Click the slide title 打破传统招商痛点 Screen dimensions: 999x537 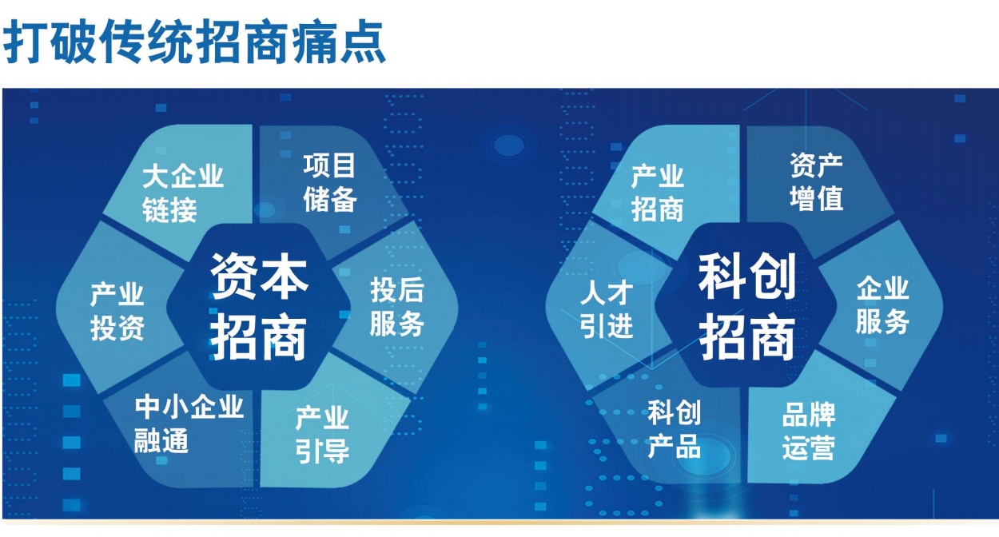pyautogui.click(x=194, y=42)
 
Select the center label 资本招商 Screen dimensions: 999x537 pyautogui.click(x=259, y=306)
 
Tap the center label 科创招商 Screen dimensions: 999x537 pyautogui.click(x=747, y=306)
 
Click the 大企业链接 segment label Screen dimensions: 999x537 pyautogui.click(x=183, y=193)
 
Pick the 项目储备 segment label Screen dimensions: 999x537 pyautogui.click(x=329, y=182)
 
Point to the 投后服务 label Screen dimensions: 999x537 pyautogui.click(x=397, y=306)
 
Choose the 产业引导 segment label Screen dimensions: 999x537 pyautogui.click(x=322, y=435)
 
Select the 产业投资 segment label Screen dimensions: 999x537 pyautogui.click(x=117, y=312)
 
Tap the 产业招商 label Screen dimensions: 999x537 pyautogui.click(x=658, y=193)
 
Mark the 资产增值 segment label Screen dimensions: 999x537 pyautogui.click(x=816, y=182)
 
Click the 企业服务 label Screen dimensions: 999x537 pyautogui.click(x=882, y=305)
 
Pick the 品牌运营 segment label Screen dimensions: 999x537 pyautogui.click(x=809, y=432)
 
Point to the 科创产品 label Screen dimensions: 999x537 pyautogui.click(x=674, y=429)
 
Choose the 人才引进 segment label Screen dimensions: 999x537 pyautogui.click(x=607, y=308)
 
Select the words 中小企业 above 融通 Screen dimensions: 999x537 pyautogui.click(x=189, y=407)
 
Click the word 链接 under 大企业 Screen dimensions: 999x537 pyautogui.click(x=169, y=209)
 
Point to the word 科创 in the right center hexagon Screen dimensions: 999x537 pyautogui.click(x=747, y=276)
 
